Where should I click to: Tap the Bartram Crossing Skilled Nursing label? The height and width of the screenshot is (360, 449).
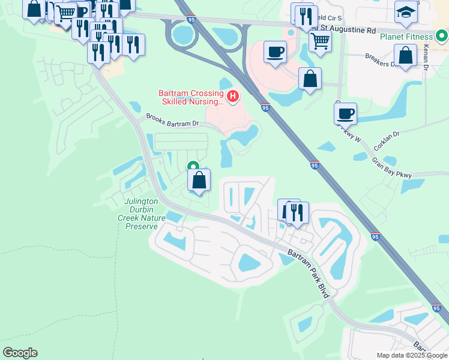[x=190, y=97]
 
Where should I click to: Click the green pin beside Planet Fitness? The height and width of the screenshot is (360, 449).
[x=443, y=36]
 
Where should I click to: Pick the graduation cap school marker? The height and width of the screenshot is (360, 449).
[x=406, y=12]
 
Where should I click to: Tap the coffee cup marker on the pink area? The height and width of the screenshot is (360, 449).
[x=275, y=52]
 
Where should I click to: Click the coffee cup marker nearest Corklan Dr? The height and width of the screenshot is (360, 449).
[x=346, y=113]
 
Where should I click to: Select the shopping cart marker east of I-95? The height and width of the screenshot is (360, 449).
[x=320, y=41]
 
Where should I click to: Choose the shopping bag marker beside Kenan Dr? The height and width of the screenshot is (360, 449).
[x=406, y=55]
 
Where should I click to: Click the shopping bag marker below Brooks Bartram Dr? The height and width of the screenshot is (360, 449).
[x=199, y=179]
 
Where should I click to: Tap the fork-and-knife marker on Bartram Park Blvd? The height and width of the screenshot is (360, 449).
[x=297, y=212]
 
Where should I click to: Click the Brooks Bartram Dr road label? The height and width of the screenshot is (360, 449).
[x=173, y=120]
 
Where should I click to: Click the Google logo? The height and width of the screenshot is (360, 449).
[x=20, y=353]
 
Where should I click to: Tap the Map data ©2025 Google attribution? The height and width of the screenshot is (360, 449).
[x=411, y=355]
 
